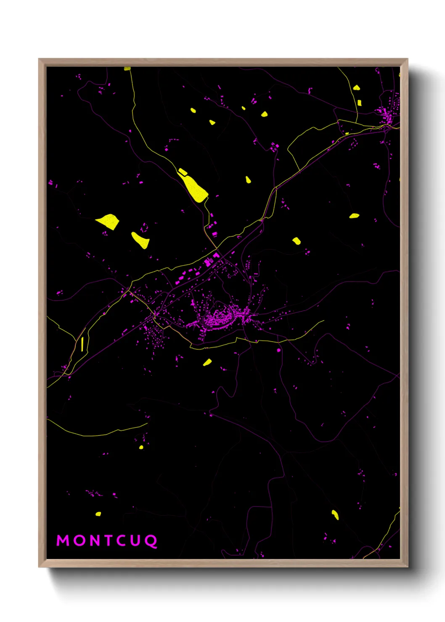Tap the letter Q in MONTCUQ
click(x=151, y=541)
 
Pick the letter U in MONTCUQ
click(x=136, y=540)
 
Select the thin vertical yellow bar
click(x=82, y=343)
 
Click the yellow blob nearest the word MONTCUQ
click(x=98, y=514)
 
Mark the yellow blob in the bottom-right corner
click(x=335, y=514)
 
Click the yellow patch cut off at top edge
click(x=127, y=69)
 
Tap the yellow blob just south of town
click(x=207, y=362)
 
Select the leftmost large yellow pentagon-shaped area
click(x=109, y=221)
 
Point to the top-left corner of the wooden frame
click(x=40, y=60)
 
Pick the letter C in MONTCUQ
click(x=122, y=540)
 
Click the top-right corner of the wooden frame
click(x=407, y=60)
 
